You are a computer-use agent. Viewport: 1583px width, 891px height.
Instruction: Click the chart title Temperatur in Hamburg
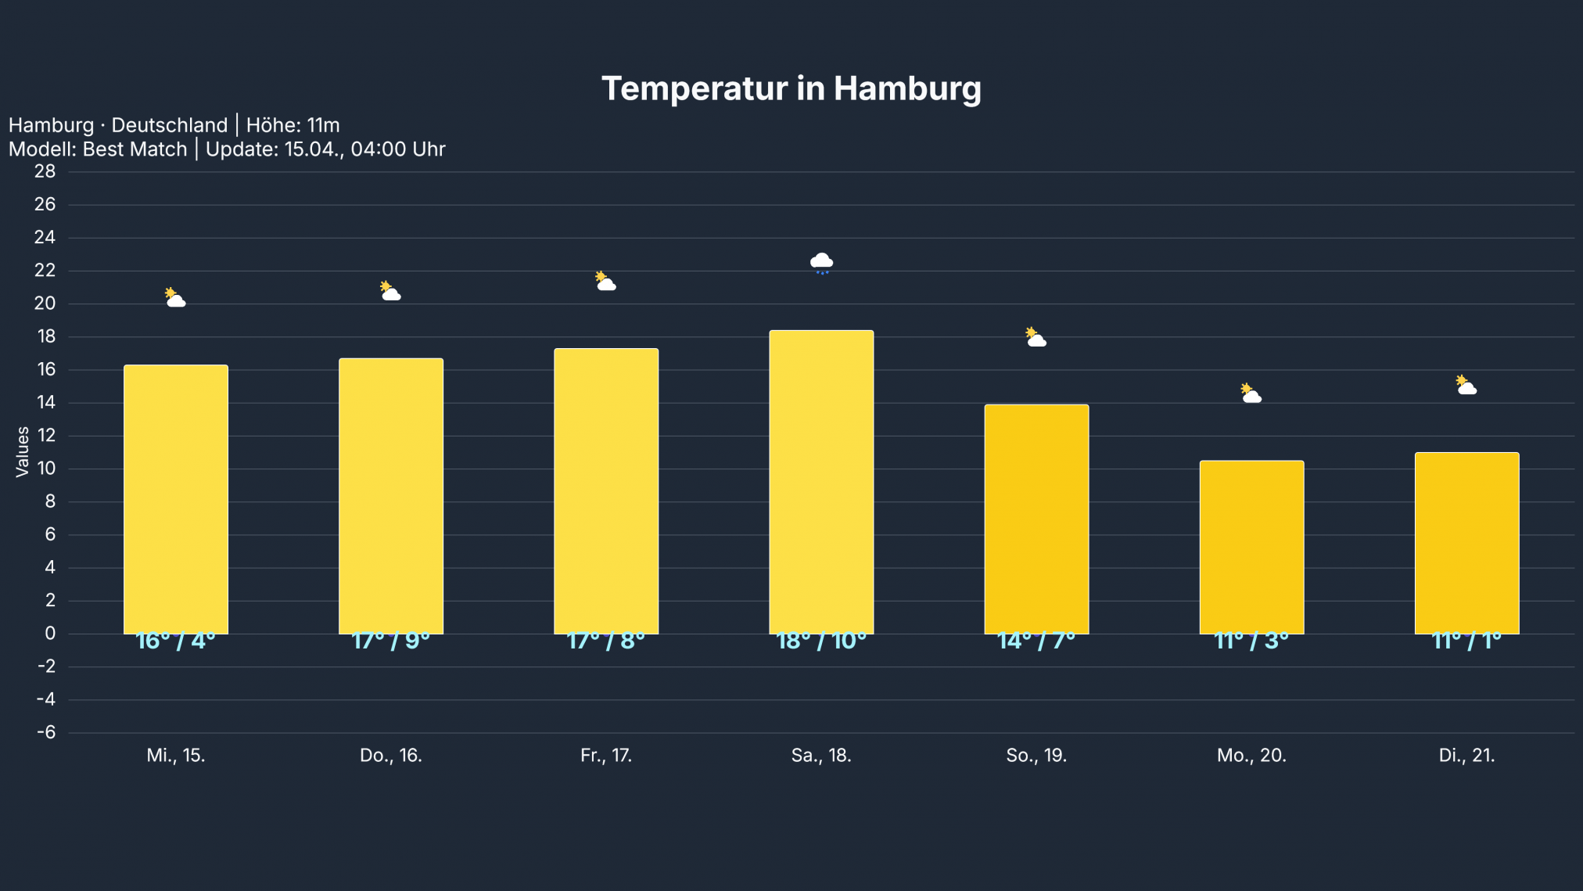tap(791, 88)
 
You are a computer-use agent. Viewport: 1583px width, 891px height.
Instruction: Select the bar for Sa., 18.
tap(821, 481)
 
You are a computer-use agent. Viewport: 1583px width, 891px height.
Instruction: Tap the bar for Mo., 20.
tap(1251, 547)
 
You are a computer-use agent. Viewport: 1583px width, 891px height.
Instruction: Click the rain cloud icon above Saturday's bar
tap(821, 262)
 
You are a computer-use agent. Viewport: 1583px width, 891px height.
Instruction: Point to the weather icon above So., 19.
tap(1036, 337)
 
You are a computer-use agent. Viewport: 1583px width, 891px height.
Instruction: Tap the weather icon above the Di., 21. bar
tap(1466, 385)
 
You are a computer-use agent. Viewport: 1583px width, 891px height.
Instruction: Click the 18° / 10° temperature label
tap(821, 641)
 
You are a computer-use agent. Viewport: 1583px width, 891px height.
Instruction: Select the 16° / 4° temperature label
tap(176, 641)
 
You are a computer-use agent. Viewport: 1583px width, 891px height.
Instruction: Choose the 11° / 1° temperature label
tap(1466, 641)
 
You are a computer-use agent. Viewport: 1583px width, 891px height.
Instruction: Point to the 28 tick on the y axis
tap(45, 171)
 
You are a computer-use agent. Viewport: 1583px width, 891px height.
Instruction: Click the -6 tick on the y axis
tap(46, 732)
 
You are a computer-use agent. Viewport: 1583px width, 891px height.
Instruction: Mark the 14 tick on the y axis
tap(45, 402)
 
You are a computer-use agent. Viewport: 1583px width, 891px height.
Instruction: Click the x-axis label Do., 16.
tap(391, 755)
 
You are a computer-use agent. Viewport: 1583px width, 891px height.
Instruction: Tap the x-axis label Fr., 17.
tap(606, 755)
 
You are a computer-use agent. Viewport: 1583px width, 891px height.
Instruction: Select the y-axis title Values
tap(22, 451)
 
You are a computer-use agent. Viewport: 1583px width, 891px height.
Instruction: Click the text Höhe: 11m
tap(293, 125)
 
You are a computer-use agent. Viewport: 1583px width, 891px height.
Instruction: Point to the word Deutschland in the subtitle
tap(169, 125)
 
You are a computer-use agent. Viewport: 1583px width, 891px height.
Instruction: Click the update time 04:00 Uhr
tap(397, 149)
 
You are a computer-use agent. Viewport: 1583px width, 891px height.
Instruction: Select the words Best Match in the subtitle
tap(135, 149)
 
